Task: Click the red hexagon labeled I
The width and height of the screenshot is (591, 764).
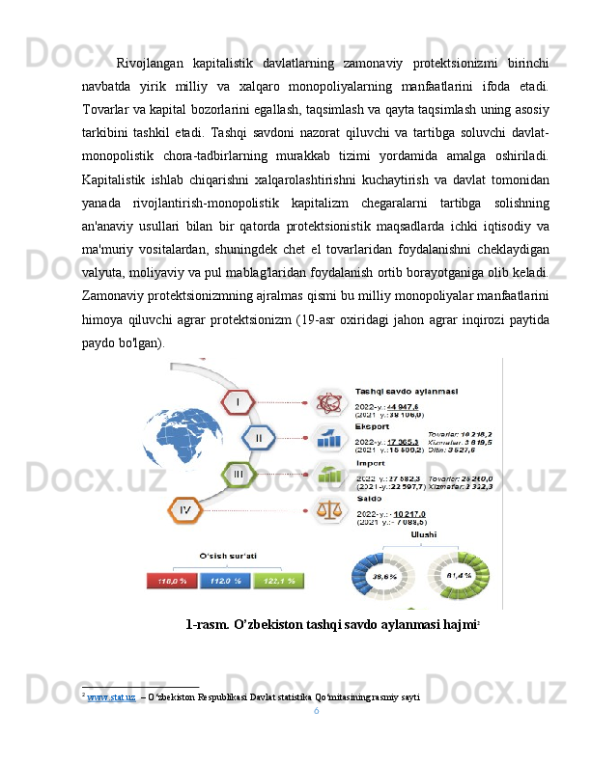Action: (x=239, y=399)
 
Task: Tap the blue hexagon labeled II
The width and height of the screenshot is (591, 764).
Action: (x=258, y=438)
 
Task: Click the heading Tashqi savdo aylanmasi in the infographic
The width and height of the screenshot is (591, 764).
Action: (x=407, y=392)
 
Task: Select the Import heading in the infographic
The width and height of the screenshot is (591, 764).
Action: (x=372, y=463)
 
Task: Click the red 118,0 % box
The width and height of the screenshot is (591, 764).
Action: (x=172, y=581)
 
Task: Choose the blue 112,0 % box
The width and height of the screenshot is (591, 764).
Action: (x=225, y=581)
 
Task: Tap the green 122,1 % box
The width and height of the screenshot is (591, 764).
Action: (x=279, y=581)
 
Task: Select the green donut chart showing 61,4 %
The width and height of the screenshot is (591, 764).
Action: (x=457, y=576)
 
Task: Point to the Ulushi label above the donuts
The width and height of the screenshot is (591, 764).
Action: (x=423, y=534)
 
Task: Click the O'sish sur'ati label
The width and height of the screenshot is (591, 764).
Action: (x=224, y=556)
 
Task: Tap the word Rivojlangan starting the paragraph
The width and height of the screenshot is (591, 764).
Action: (x=148, y=66)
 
